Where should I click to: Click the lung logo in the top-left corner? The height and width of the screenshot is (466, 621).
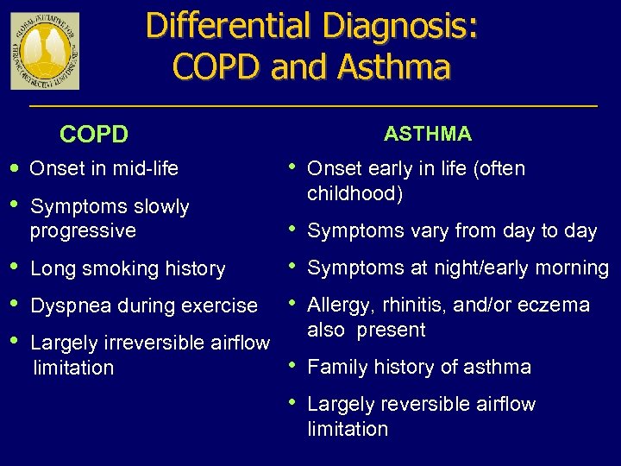[45, 51]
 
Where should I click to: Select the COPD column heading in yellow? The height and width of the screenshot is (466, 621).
[93, 135]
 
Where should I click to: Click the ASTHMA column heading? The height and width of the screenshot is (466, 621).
[428, 134]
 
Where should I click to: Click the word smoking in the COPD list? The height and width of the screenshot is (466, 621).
[116, 268]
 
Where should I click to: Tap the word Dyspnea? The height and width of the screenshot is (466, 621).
[67, 305]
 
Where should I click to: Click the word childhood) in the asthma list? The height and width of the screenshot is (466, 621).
[354, 193]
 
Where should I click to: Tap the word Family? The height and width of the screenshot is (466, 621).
[336, 367]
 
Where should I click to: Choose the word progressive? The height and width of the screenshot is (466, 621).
[83, 230]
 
